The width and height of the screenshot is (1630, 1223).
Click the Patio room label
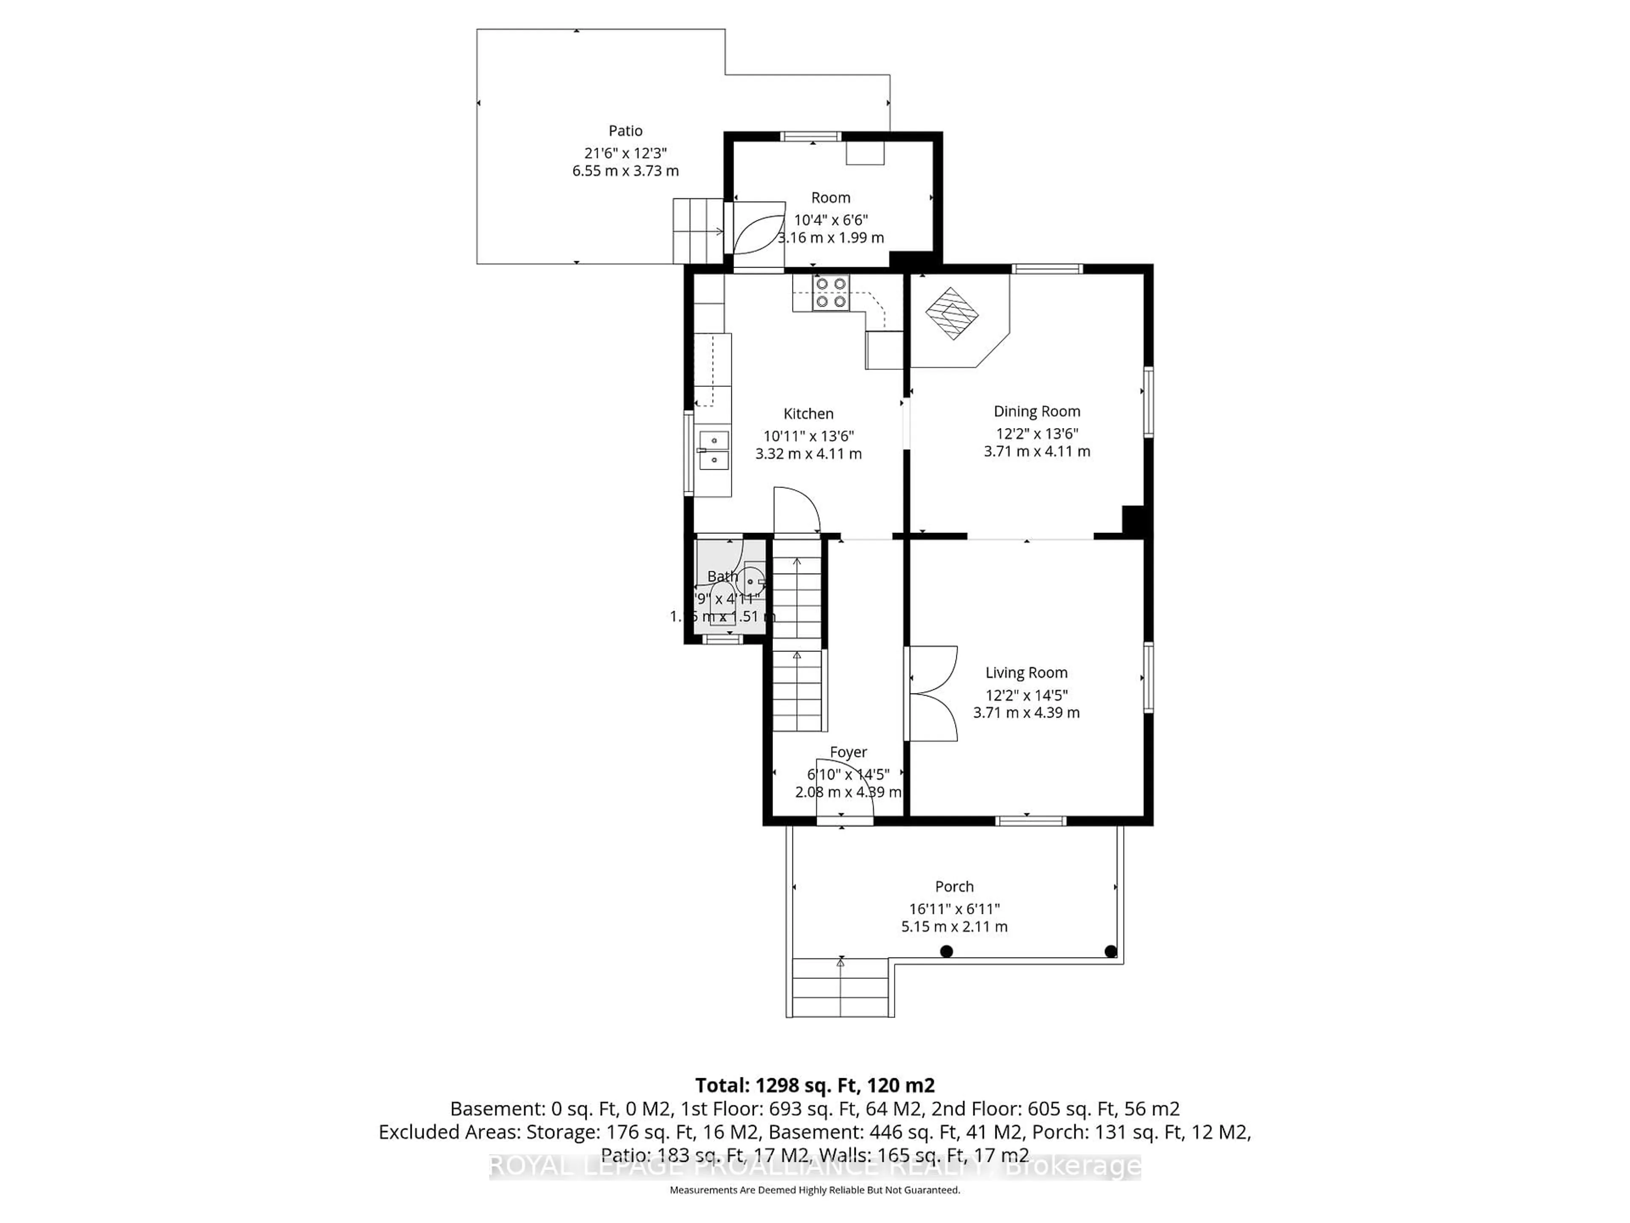[625, 130]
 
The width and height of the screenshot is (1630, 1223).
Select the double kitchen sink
[197, 451]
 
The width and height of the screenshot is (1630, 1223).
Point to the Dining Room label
[1036, 411]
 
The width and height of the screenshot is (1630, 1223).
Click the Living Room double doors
[931, 693]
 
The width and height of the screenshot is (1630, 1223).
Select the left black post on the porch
[947, 951]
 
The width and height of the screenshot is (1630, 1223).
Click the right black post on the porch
[1110, 951]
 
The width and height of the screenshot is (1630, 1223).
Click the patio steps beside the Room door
[697, 231]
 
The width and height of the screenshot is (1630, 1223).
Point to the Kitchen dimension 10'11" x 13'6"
[808, 436]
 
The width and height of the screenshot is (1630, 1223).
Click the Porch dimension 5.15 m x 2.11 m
[954, 927]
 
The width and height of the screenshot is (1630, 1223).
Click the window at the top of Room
[811, 135]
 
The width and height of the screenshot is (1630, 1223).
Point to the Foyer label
[848, 752]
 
